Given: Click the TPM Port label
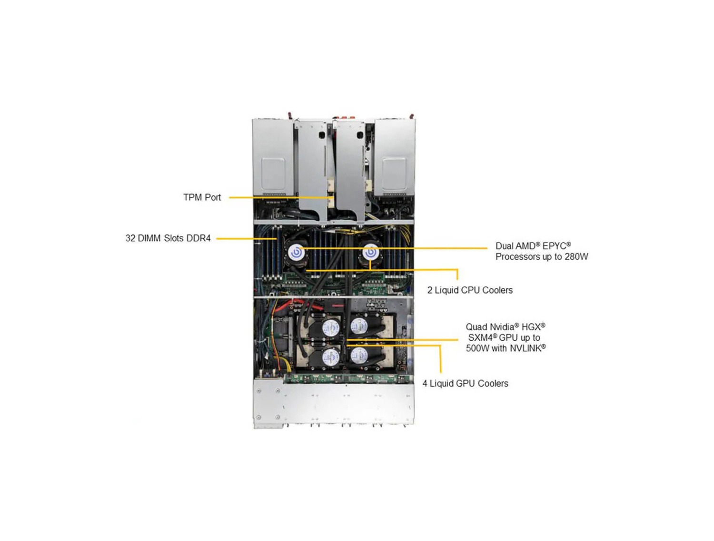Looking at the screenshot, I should [202, 197].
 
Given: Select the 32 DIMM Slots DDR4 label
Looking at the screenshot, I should [168, 238].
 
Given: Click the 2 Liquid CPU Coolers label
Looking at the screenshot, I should [469, 290].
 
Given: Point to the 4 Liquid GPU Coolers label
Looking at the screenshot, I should [465, 384].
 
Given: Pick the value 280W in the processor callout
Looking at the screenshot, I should [576, 257].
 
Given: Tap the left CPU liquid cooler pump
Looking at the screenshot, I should [297, 252].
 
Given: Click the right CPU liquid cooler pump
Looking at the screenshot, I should [371, 252].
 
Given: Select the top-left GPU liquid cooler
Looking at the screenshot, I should [330, 327].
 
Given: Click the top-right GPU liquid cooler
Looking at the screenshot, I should [359, 327].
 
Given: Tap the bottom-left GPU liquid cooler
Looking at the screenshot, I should [330, 356].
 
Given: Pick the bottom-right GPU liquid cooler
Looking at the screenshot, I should [359, 356].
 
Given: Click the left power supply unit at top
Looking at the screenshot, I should [273, 157].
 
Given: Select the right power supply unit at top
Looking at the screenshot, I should [395, 157].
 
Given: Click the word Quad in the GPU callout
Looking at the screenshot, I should [476, 327].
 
